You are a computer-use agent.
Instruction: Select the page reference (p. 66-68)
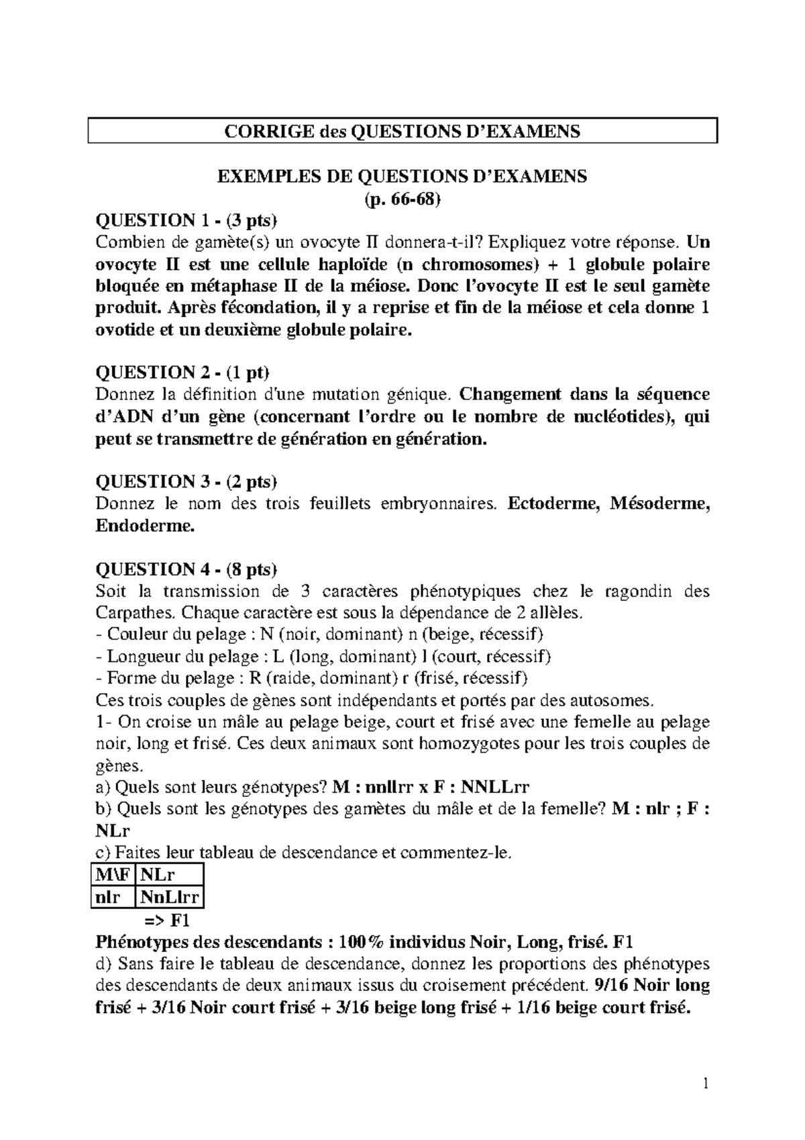(x=402, y=199)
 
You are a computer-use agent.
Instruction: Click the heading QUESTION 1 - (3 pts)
(x=186, y=220)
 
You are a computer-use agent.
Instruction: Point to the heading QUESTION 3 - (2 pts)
(x=186, y=481)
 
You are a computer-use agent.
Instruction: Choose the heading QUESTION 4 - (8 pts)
(x=186, y=569)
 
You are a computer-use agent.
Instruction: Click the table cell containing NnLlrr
(x=169, y=897)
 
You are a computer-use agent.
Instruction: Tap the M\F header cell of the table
(x=113, y=875)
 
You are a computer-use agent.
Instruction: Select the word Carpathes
(x=134, y=613)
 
